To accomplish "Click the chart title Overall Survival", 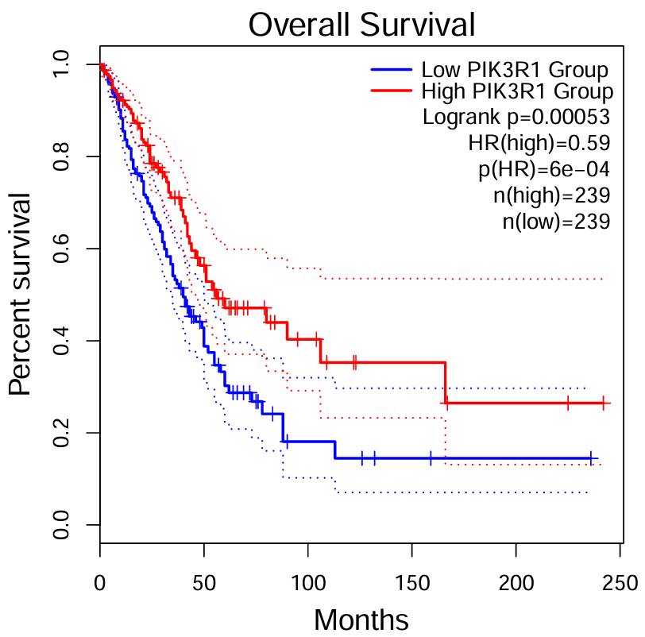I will [x=361, y=25].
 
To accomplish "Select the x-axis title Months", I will [x=361, y=619].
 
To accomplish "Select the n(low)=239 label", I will [x=556, y=221].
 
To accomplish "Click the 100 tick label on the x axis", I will [x=308, y=582].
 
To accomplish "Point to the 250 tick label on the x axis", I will [x=620, y=582].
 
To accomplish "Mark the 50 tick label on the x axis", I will [x=204, y=582].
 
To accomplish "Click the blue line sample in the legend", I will [x=392, y=69].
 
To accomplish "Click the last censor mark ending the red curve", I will [x=604, y=403].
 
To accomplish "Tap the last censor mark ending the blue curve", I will [x=591, y=458].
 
